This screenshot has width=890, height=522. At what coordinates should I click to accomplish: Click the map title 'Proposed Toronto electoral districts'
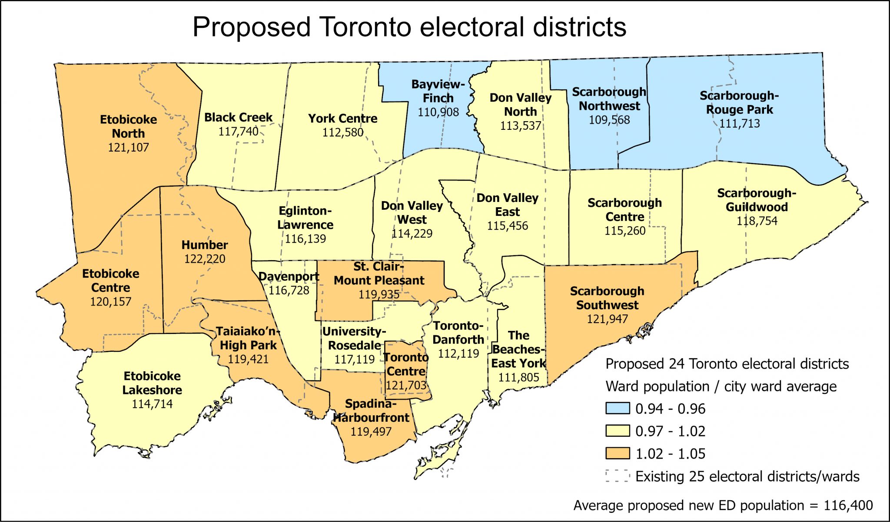[x=409, y=27]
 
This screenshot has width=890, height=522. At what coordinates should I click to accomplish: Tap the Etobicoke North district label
[x=128, y=126]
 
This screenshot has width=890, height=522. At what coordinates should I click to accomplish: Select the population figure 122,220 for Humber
[x=205, y=259]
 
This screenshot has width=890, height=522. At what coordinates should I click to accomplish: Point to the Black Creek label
[x=238, y=118]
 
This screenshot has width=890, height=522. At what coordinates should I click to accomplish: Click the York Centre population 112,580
[x=342, y=132]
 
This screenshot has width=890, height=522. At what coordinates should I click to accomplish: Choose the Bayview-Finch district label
[x=438, y=91]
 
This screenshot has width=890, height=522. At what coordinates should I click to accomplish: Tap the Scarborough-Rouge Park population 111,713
[x=739, y=124]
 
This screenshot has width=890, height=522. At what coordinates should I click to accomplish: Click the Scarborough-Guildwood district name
[x=757, y=200]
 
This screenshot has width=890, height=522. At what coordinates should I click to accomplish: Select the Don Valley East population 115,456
[x=507, y=226]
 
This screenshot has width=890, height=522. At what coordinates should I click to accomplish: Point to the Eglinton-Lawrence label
[x=305, y=218]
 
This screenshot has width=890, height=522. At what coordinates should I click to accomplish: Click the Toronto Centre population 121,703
[x=406, y=386]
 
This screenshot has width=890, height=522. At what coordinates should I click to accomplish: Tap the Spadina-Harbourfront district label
[x=371, y=411]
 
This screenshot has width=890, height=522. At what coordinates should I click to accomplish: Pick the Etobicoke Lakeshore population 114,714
[x=152, y=404]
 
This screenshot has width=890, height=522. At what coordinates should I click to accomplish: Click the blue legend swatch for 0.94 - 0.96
[x=618, y=408]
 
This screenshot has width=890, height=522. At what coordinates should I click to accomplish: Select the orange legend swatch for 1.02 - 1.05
[x=618, y=453]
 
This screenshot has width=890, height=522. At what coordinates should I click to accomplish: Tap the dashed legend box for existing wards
[x=618, y=476]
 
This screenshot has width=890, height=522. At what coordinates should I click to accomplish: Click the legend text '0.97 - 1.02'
[x=670, y=431]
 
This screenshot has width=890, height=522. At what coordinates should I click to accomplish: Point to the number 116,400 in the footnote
[x=848, y=505]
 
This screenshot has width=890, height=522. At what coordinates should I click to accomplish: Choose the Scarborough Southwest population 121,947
[x=607, y=319]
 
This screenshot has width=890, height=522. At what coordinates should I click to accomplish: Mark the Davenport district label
[x=289, y=277]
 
